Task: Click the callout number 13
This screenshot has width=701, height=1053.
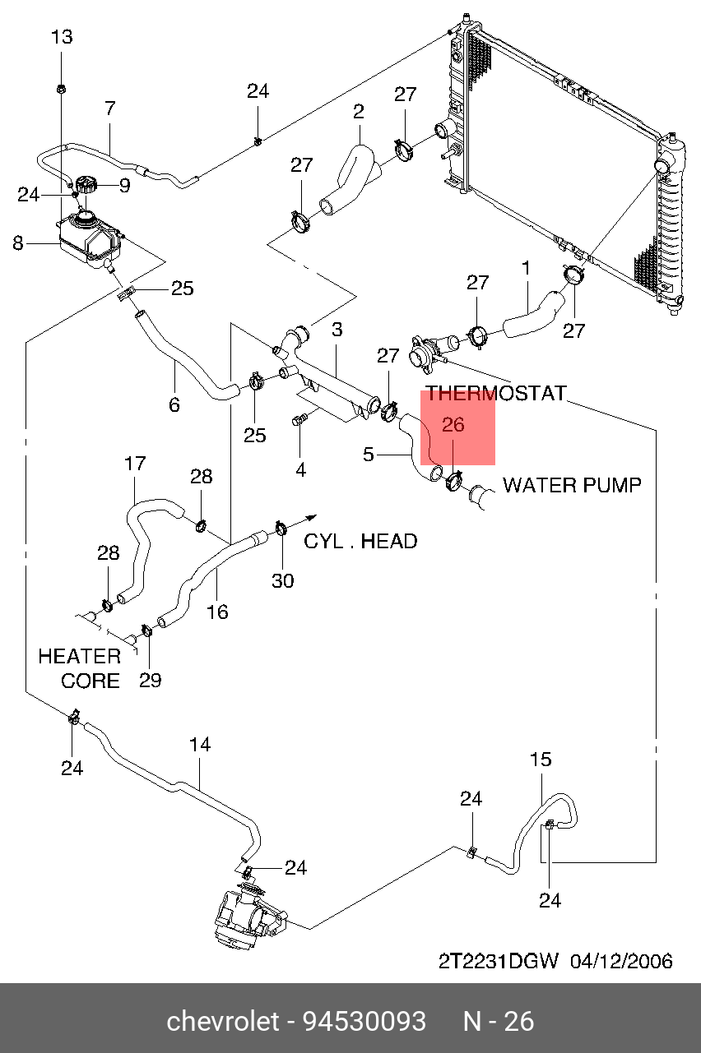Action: point(62,37)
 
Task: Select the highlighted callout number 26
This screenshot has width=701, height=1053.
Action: point(453,425)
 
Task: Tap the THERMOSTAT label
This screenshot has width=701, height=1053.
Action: point(496,393)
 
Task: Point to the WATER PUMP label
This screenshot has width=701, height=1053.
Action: point(572,485)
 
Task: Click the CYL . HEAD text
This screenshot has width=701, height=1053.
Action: point(360,541)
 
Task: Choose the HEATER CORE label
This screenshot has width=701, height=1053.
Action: point(80,668)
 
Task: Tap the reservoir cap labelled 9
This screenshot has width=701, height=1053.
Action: point(85,187)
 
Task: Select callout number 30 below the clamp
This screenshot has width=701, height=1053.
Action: point(282,580)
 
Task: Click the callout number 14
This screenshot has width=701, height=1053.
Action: point(200,745)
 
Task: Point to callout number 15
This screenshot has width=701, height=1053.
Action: point(541,760)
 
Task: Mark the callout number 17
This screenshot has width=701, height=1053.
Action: point(135,464)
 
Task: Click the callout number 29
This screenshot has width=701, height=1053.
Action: point(150,680)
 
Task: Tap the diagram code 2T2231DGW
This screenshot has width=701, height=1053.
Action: point(498,960)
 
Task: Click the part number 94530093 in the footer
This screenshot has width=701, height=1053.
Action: point(364,1022)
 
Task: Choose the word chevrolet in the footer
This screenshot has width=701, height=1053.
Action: point(223,1022)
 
